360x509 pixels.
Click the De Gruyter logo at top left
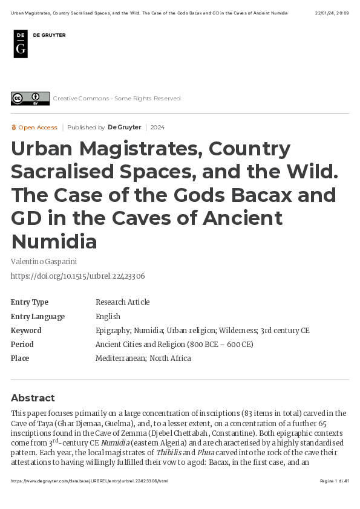(21, 44)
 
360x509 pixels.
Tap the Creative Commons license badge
(30, 98)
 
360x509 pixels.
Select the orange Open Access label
(34, 128)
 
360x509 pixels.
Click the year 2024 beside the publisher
(157, 128)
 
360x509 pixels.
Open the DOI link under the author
(77, 276)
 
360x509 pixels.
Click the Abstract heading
(33, 398)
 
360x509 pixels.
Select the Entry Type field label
(30, 302)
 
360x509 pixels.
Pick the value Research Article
(122, 302)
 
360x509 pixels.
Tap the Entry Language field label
(38, 317)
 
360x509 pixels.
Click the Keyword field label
(26, 331)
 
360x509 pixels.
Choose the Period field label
(22, 345)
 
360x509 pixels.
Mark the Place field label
(20, 358)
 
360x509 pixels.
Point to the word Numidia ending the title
(54, 241)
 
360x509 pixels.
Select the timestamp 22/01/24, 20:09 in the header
(332, 13)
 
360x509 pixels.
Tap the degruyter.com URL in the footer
(90, 481)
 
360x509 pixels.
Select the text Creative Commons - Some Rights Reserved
(116, 99)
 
